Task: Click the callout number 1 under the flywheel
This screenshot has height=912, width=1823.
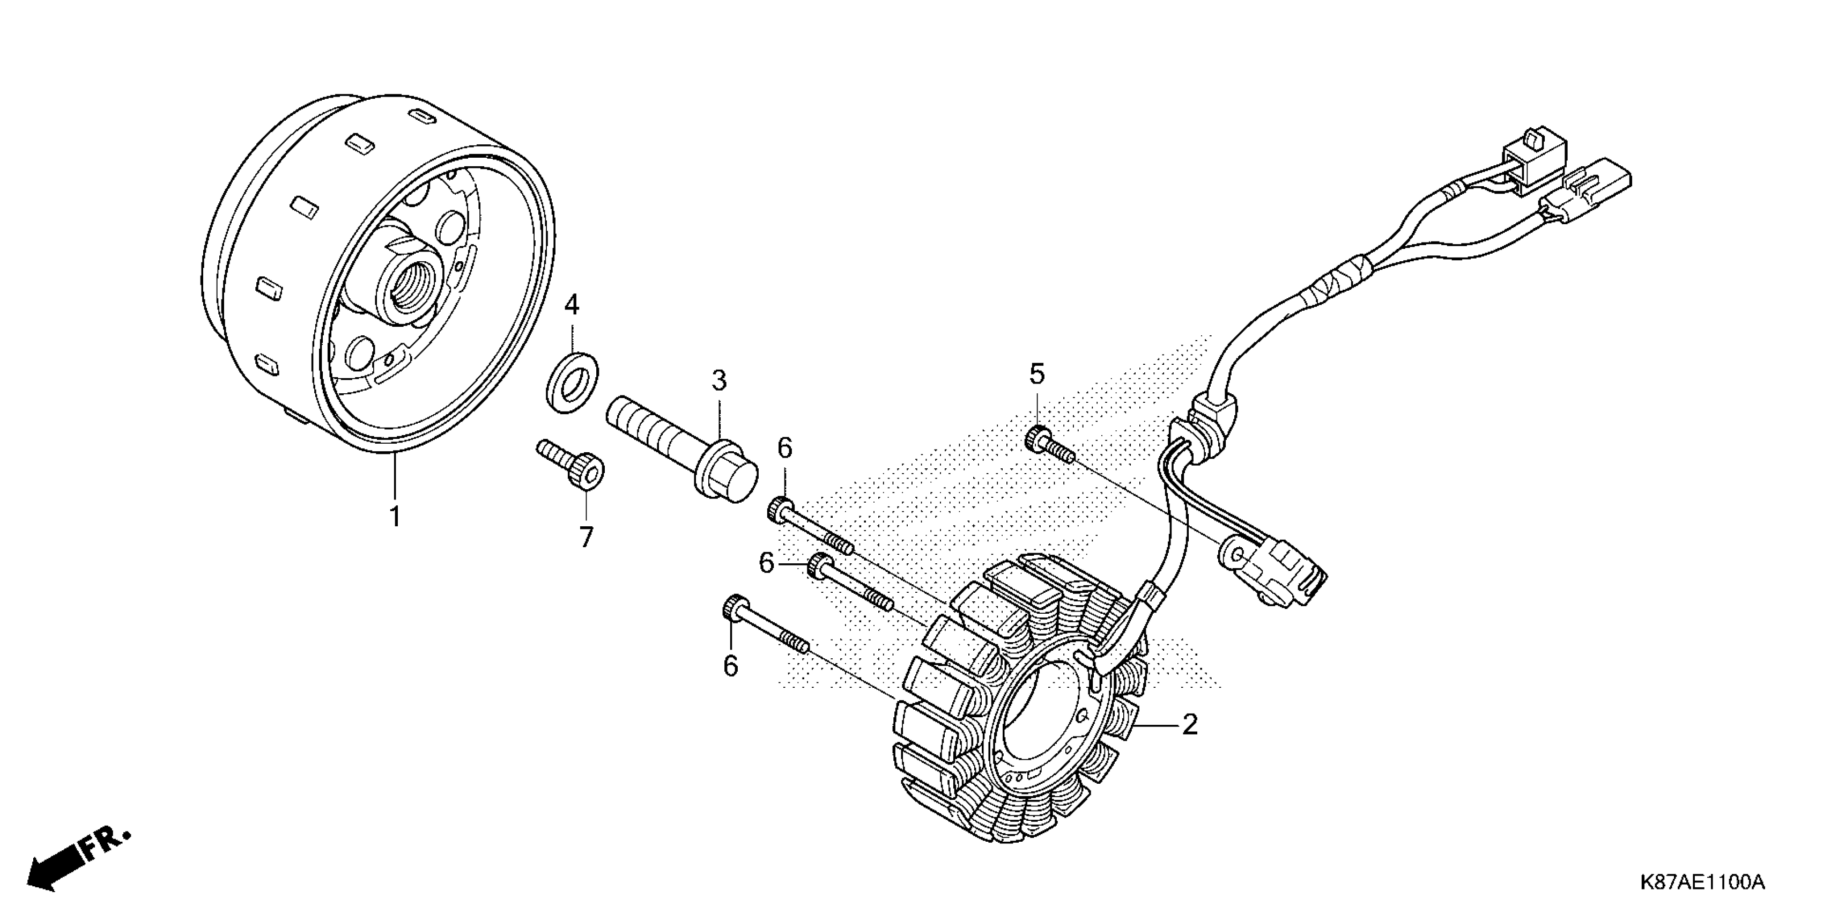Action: click(x=395, y=517)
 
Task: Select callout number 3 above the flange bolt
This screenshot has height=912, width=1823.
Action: click(x=719, y=381)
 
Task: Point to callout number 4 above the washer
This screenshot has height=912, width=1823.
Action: click(x=572, y=305)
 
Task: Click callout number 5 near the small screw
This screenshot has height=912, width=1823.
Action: click(x=1037, y=373)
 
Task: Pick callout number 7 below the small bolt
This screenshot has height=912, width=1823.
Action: click(x=586, y=538)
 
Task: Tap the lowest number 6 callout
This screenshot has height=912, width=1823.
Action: click(x=730, y=666)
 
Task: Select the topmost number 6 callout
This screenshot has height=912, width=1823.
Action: click(x=785, y=448)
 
